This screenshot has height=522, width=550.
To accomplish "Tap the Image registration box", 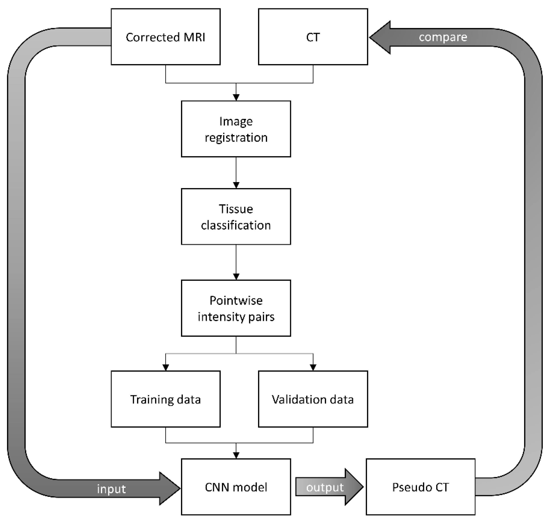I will click(236, 129).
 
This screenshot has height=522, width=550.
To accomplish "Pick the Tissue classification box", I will click(236, 217).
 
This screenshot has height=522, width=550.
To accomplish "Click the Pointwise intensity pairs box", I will click(236, 308).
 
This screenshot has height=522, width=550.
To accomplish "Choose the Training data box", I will click(166, 399).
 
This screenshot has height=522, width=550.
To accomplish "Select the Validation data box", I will click(313, 399).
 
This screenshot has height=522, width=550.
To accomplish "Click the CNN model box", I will click(236, 487).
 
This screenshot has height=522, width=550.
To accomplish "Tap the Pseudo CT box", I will click(420, 487).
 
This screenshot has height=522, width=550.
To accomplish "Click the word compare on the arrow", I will click(443, 37).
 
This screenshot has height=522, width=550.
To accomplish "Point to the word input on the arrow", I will click(111, 489).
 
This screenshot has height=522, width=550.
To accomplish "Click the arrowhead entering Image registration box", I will click(236, 97).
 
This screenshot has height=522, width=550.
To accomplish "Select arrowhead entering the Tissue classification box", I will click(236, 185).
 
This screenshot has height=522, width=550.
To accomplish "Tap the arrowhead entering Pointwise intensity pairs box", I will click(236, 277).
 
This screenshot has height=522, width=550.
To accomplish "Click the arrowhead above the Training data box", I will click(166, 367).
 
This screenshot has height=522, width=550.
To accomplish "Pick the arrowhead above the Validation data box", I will click(313, 367).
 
